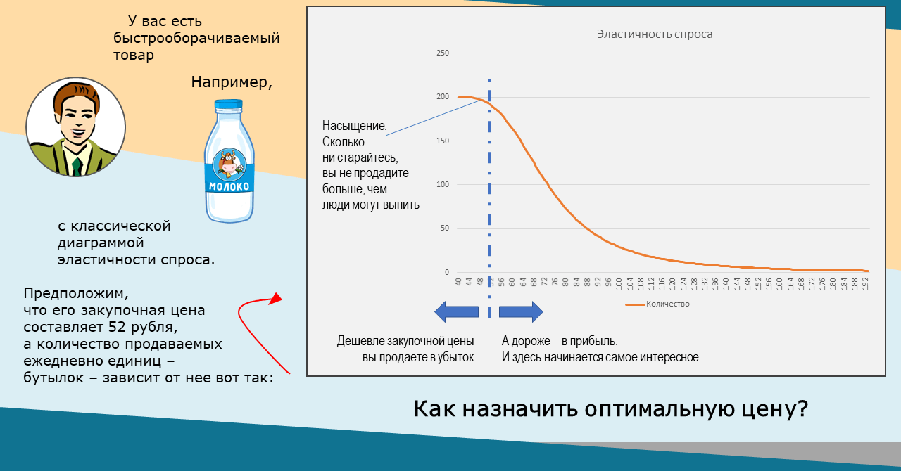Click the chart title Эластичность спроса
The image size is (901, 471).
coord(655,34)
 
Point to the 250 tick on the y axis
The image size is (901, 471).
coord(442,53)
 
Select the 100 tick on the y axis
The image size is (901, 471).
coord(442,184)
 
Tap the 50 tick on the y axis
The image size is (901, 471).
coord(444,228)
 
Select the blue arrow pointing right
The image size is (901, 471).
coord(521,311)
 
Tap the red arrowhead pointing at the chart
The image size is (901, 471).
coord(275,299)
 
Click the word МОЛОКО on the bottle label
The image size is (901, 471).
coord(229,187)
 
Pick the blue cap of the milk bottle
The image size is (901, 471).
coord(228,106)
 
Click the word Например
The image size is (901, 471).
coord(232,82)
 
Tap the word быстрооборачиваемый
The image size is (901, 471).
coord(196,38)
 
